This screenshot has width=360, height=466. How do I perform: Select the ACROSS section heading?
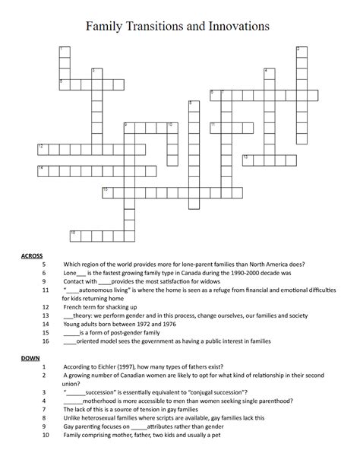point(32,255)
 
